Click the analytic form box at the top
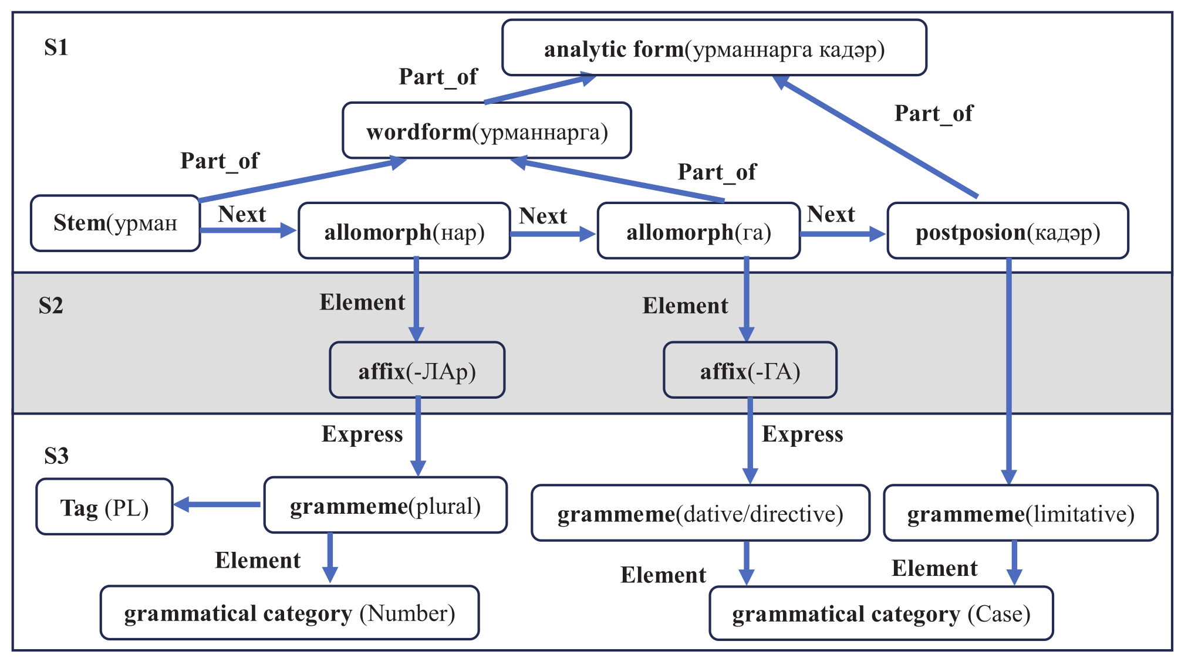point(714,48)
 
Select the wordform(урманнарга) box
point(487,131)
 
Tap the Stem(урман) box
point(115,223)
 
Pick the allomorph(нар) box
point(404,231)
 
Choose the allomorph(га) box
point(698,231)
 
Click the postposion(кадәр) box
point(1007,231)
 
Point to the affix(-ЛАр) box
point(417,371)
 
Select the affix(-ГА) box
point(750,371)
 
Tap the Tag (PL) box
point(104,507)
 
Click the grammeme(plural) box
point(385,505)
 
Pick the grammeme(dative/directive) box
point(700,513)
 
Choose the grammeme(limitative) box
point(1020,513)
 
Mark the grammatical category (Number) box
point(289,613)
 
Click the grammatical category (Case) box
point(880,613)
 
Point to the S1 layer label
point(56,47)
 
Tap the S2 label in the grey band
point(50,306)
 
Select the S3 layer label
point(56,456)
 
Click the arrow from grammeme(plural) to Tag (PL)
point(217,504)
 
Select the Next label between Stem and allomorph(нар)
point(242,214)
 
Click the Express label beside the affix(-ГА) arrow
point(802,434)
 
